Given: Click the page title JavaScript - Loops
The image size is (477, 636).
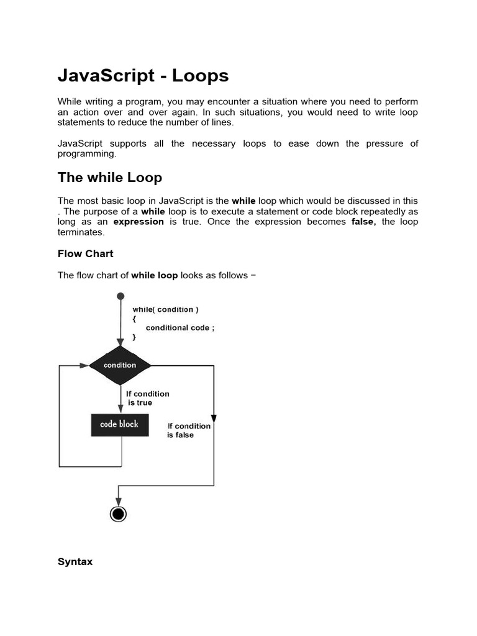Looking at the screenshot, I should [143, 76].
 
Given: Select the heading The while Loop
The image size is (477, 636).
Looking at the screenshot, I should [110, 178].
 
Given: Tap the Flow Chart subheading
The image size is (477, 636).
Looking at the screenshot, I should [86, 253].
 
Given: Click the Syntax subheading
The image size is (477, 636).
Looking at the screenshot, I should [75, 561].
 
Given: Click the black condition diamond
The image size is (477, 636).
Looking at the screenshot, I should [120, 365].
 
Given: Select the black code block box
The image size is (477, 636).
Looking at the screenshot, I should [120, 425].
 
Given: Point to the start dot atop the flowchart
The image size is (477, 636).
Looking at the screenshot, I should [120, 297].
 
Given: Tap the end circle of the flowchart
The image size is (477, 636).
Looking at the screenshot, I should [118, 514].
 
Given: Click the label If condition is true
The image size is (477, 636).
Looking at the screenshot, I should [147, 398].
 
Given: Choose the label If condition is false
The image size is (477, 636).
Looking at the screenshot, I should [188, 430].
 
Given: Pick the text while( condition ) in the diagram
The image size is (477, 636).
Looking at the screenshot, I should [166, 309].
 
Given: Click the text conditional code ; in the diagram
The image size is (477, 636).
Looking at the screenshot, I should [180, 327].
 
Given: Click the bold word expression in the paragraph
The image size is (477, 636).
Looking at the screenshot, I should [139, 222].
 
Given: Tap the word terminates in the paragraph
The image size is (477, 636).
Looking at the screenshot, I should [81, 232].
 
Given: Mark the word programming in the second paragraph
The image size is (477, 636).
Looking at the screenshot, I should [86, 153].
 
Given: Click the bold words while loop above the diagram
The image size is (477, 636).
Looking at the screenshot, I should [154, 275].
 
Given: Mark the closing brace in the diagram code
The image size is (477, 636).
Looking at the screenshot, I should [134, 337].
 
